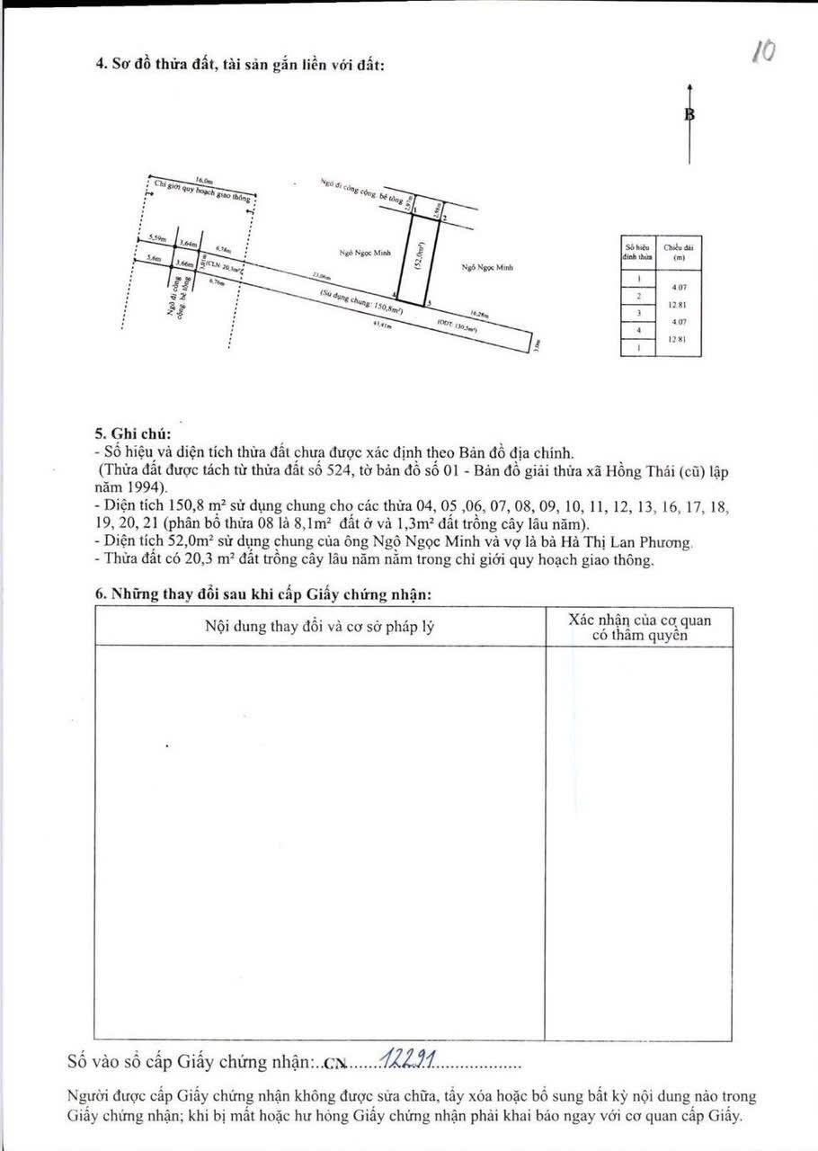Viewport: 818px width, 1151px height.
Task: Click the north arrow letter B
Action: (x=689, y=114)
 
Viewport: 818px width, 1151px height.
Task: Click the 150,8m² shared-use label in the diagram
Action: (x=360, y=303)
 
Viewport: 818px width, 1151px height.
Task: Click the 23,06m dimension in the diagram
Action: (x=321, y=275)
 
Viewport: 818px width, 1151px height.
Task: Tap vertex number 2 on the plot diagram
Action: (x=444, y=219)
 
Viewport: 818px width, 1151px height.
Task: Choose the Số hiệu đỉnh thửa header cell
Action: (x=637, y=252)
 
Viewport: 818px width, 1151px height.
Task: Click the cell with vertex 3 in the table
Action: (x=637, y=312)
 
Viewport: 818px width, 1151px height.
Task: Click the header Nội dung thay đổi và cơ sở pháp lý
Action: (x=320, y=626)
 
